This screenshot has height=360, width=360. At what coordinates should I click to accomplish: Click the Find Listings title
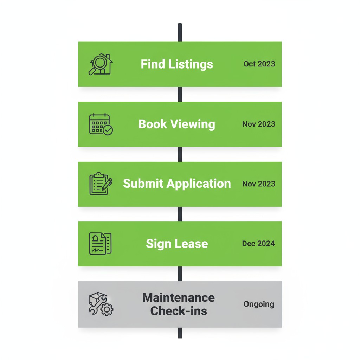click(177, 64)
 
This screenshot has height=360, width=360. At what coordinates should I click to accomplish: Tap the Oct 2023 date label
click(259, 64)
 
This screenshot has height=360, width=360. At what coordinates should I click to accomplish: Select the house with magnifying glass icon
click(101, 64)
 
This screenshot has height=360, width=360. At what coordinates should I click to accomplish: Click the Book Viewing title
click(177, 124)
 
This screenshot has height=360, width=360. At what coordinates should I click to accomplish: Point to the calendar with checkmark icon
click(101, 124)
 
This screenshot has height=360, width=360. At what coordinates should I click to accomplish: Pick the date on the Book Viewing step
click(258, 124)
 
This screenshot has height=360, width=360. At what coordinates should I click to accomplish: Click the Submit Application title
click(177, 184)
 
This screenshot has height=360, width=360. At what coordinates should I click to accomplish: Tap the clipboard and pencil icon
click(101, 184)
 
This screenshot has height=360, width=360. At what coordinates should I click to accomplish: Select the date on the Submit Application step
click(258, 184)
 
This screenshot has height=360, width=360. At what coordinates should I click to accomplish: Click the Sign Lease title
click(177, 244)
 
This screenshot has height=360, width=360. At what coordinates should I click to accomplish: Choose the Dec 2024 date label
click(258, 244)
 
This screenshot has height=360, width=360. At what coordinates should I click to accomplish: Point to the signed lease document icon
click(100, 244)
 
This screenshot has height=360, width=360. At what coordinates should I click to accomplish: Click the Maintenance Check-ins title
click(179, 304)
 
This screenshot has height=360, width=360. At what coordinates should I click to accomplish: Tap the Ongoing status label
click(259, 304)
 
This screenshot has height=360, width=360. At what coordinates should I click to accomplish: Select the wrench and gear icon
click(101, 304)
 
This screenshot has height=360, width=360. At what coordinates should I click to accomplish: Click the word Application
click(198, 184)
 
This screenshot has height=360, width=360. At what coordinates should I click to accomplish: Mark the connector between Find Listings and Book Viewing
click(180, 94)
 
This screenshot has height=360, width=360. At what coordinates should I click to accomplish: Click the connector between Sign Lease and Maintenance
click(180, 274)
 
